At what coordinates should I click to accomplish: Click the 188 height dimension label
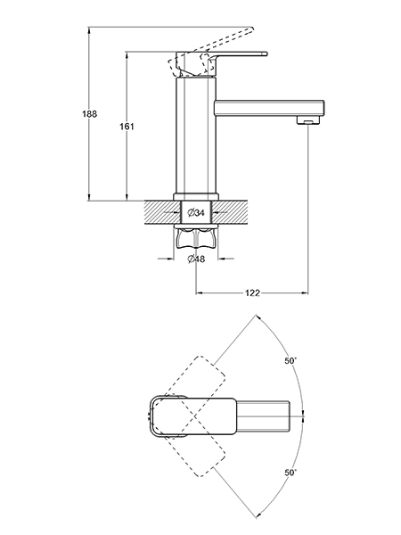point(90,114)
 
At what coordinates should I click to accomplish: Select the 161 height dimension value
point(127,127)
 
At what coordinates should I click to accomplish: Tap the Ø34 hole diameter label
point(196,213)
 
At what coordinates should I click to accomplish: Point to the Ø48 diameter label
point(196,259)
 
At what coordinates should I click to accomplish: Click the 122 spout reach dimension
point(252,292)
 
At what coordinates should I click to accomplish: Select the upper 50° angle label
point(291,360)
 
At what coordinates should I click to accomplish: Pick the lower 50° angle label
point(291,473)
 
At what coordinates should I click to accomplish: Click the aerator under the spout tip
point(308,119)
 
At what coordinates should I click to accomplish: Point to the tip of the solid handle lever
point(266,53)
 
